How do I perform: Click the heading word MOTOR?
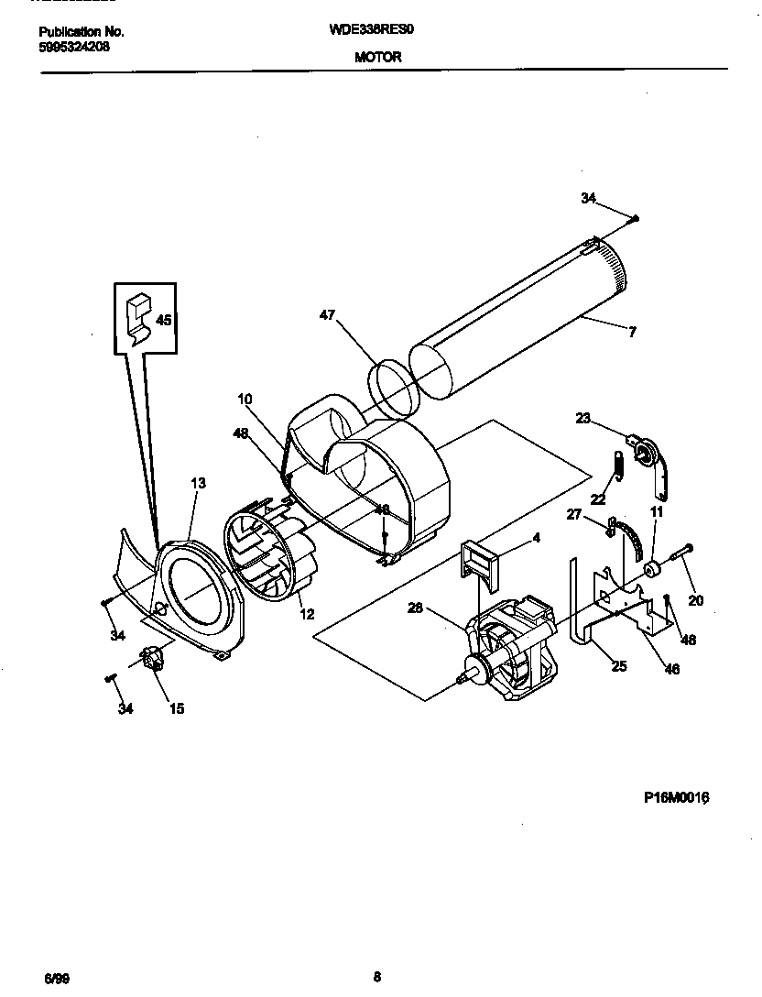tap(378, 57)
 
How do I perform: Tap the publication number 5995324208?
tap(75, 47)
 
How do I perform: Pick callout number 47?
tap(327, 315)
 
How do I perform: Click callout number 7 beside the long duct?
tap(632, 332)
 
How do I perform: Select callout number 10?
tap(245, 399)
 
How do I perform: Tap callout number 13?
tap(198, 483)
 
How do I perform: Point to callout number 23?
tap(582, 418)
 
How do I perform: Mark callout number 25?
tap(619, 666)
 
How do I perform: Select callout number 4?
tap(536, 539)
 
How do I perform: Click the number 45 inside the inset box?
tap(164, 321)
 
